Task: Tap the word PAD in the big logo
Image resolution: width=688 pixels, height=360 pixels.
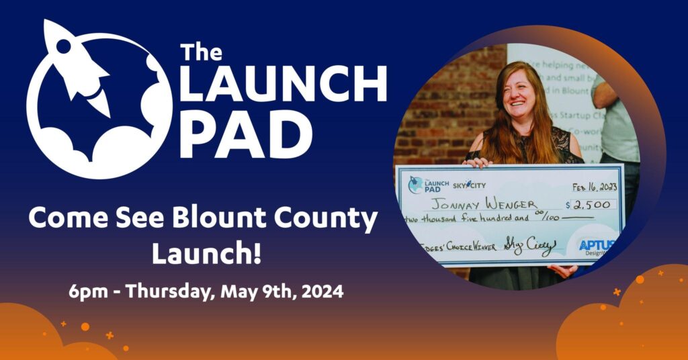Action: pos(245,136)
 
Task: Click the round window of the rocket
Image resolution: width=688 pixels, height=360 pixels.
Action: pos(64,46)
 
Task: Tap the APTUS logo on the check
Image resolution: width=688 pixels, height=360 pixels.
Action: pos(596,246)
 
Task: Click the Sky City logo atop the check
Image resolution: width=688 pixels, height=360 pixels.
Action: pos(468,184)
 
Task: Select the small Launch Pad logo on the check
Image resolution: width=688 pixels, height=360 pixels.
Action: pos(427,184)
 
